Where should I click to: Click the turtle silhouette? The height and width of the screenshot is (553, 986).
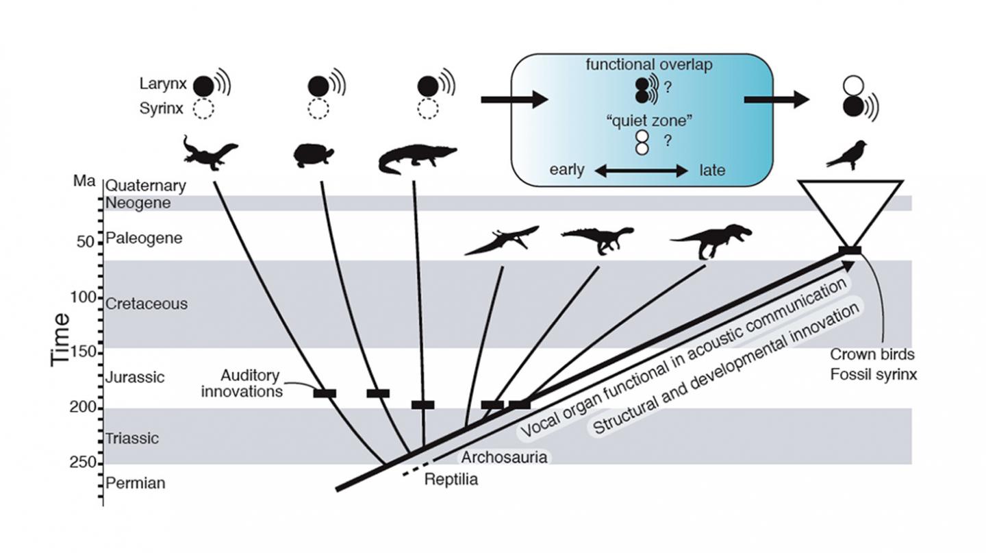[x=314, y=156]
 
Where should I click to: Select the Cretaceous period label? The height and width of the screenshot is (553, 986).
[x=146, y=304]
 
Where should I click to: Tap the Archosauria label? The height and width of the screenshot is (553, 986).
[x=505, y=457]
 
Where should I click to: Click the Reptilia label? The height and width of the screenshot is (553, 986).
[x=451, y=479]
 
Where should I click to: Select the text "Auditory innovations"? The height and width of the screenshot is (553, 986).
[x=250, y=383]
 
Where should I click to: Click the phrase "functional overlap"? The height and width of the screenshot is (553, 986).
[x=640, y=65]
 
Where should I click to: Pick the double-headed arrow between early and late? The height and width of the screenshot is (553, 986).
[x=641, y=171]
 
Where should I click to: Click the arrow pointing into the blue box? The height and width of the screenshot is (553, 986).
[x=514, y=101]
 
